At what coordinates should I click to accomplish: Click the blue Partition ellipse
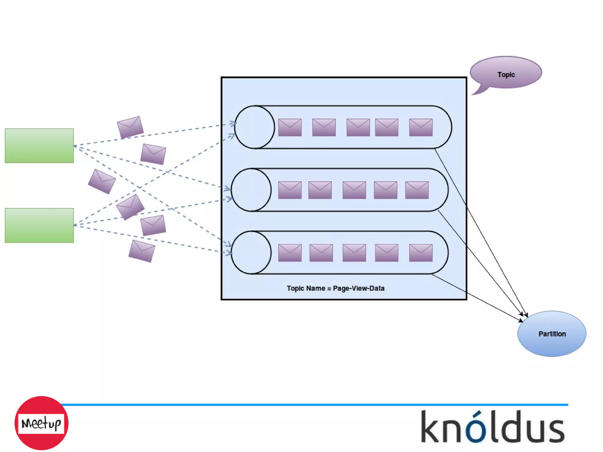click(x=552, y=334)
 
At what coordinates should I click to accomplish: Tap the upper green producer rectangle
click(x=39, y=145)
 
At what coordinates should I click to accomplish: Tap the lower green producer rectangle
click(x=39, y=225)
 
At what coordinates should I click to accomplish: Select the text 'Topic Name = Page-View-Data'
click(x=335, y=288)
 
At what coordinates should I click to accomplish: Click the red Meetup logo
click(x=41, y=423)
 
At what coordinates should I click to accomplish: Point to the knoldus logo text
click(x=493, y=427)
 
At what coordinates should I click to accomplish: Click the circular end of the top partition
click(x=255, y=127)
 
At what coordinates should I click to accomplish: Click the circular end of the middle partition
click(x=251, y=190)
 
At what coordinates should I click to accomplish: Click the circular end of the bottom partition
click(x=251, y=252)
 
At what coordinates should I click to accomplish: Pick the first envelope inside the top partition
click(x=290, y=128)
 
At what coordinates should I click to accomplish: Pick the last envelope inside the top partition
click(x=421, y=128)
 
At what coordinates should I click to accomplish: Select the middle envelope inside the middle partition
click(x=354, y=190)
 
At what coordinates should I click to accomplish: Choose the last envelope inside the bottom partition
click(x=421, y=253)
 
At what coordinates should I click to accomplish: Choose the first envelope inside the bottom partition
click(x=290, y=253)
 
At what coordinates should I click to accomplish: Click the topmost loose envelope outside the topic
click(x=130, y=127)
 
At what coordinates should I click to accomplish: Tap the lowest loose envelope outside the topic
click(x=142, y=251)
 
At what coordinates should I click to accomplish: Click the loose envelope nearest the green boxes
click(x=102, y=181)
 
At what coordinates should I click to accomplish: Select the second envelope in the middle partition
click(x=320, y=190)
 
